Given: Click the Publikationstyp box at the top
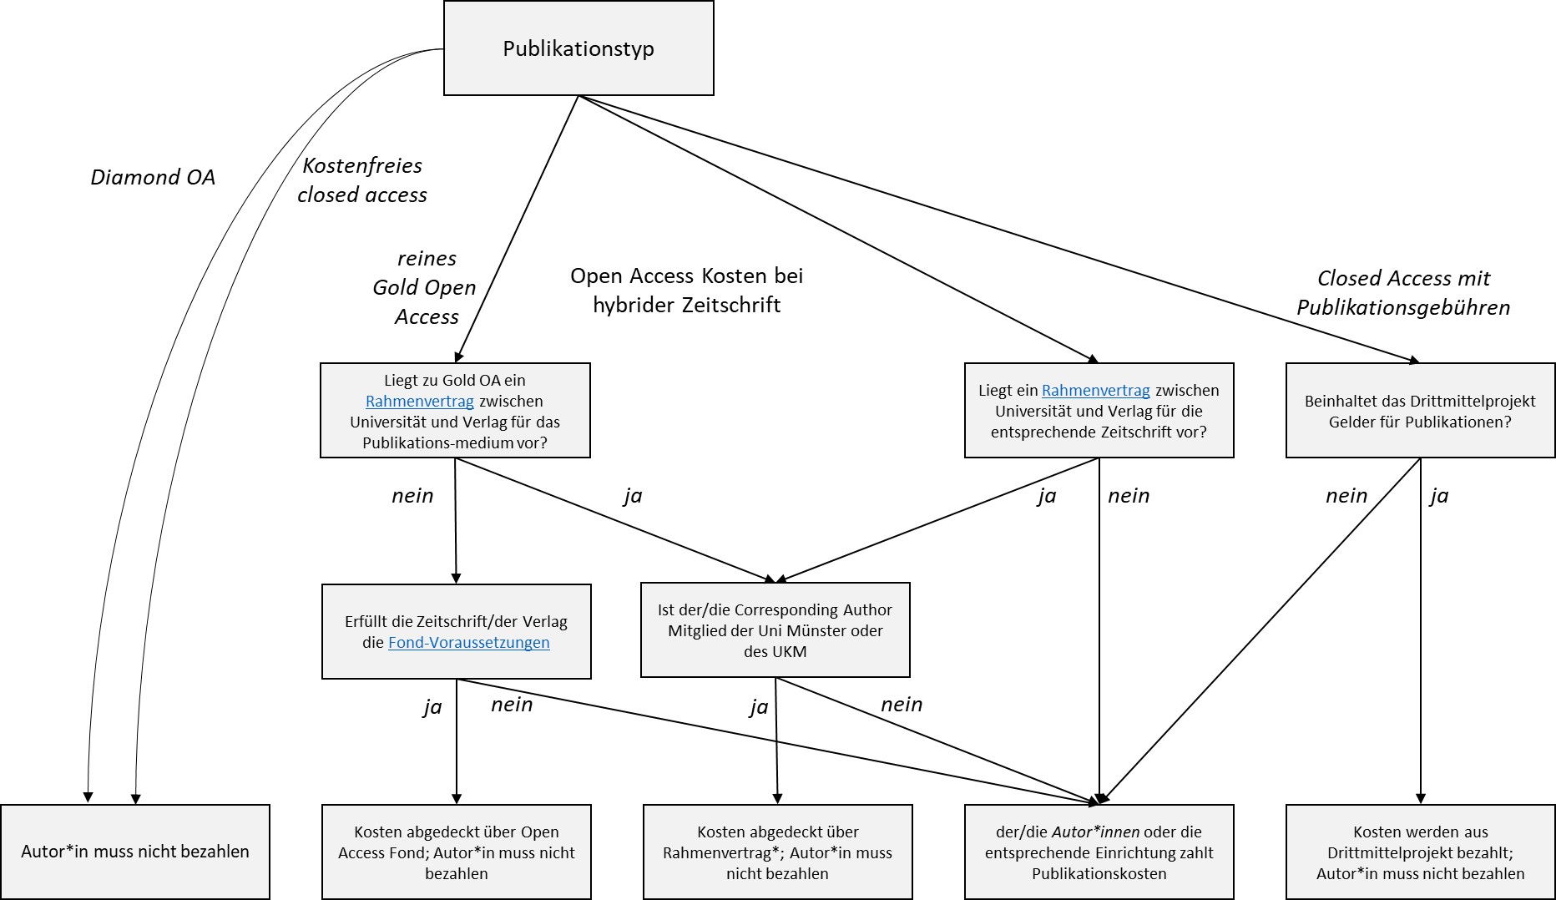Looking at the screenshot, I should tap(578, 48).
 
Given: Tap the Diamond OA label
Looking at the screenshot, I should tap(153, 177).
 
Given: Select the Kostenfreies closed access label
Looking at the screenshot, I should tap(362, 180).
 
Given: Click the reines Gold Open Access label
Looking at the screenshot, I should tap(426, 287).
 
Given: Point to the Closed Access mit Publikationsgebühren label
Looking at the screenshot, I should tap(1403, 292).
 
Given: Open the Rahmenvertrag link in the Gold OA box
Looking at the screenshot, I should tap(419, 402).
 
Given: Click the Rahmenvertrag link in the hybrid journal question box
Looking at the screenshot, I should tap(1095, 391).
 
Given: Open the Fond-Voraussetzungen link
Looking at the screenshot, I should tap(468, 643).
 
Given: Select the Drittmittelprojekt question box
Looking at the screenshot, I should tap(1420, 411).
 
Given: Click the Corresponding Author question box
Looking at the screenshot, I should tap(775, 630).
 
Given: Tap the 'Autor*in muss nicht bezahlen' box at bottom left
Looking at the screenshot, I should tap(135, 852).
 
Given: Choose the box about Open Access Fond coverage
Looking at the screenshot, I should tap(456, 852).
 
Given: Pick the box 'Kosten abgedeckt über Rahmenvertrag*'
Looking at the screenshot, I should tap(777, 852).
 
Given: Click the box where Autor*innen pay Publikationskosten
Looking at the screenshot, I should tap(1099, 852).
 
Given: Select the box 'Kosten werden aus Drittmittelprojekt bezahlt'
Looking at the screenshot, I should tap(1420, 852).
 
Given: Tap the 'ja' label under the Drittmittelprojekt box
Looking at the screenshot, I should tap(1439, 496).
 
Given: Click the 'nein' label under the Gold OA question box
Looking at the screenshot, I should tap(412, 496).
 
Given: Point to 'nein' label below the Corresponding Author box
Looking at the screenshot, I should tap(902, 705).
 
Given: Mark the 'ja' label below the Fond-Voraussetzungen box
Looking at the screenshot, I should tap(432, 707).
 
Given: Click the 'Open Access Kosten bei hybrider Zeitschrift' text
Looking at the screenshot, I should tap(686, 291).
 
